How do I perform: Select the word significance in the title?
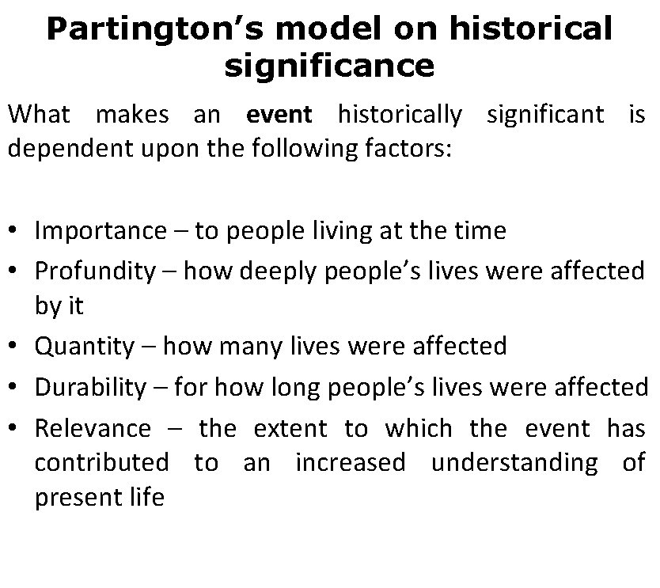tap(329, 65)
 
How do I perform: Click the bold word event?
tap(279, 115)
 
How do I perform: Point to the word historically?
tap(400, 115)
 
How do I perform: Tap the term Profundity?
tap(95, 271)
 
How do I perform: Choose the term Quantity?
tap(85, 346)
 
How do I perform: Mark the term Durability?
tap(90, 387)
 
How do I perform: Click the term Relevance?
tap(93, 428)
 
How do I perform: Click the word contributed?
tap(101, 461)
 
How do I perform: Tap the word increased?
tap(350, 461)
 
